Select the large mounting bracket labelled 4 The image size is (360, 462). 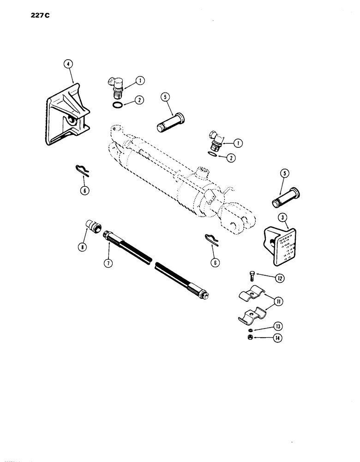(68, 113)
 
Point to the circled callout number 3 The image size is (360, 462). (281, 217)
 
